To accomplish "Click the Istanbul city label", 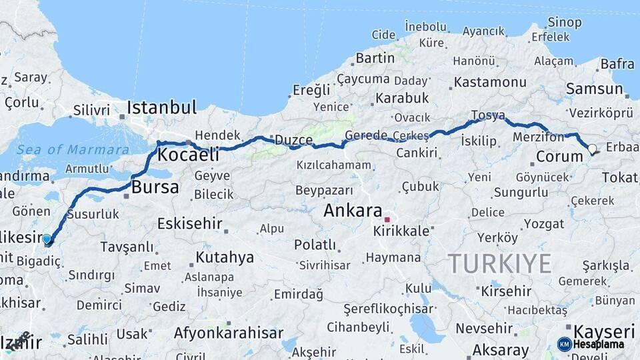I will coord(161,107).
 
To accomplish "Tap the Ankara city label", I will coord(353,211).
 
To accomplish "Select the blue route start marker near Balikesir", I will coord(47,239).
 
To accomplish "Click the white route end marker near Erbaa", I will coord(591,148).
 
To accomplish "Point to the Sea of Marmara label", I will coord(73,149).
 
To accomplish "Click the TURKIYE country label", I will coord(499,263).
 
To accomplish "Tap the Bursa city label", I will coord(155,187).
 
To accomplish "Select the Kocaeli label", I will coord(189,155).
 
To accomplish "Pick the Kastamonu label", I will coord(490,83).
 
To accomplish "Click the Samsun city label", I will coord(594,89).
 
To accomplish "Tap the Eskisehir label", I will coord(190,223).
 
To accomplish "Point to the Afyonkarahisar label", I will coord(229,333).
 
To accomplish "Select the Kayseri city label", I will coord(604,331).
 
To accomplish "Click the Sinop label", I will coord(564,22).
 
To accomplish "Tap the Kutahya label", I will coord(225,257).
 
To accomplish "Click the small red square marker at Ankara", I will coord(386,218).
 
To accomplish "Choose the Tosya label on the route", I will coord(487,115).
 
